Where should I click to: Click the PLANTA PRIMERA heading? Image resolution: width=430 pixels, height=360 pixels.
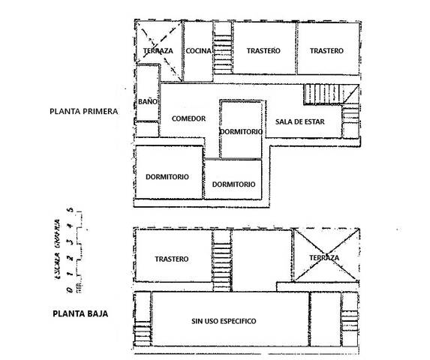(x=83, y=111)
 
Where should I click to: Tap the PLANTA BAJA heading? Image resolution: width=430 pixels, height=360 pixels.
(x=80, y=314)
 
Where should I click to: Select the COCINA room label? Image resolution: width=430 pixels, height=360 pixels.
(x=200, y=51)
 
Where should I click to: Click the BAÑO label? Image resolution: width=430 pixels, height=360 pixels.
(x=147, y=101)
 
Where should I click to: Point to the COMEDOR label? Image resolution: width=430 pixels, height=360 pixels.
(x=188, y=118)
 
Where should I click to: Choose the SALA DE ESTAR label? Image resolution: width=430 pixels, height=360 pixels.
(x=299, y=122)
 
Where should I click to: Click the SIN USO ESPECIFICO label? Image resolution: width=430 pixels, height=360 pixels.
(x=224, y=321)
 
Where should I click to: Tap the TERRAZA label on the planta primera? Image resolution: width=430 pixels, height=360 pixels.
(x=158, y=51)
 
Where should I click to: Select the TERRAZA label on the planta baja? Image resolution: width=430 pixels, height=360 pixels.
(x=324, y=258)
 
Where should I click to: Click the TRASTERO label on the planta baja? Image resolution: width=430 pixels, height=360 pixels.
(x=172, y=259)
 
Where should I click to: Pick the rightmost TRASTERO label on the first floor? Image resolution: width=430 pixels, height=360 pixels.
(x=326, y=50)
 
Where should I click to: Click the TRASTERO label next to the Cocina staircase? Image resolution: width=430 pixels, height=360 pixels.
(x=263, y=50)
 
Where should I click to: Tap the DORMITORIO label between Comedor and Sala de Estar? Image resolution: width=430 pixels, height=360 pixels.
(x=242, y=132)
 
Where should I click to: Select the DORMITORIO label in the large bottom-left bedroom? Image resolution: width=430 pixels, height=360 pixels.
(x=167, y=177)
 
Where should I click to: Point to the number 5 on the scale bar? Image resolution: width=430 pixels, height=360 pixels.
(x=69, y=211)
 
